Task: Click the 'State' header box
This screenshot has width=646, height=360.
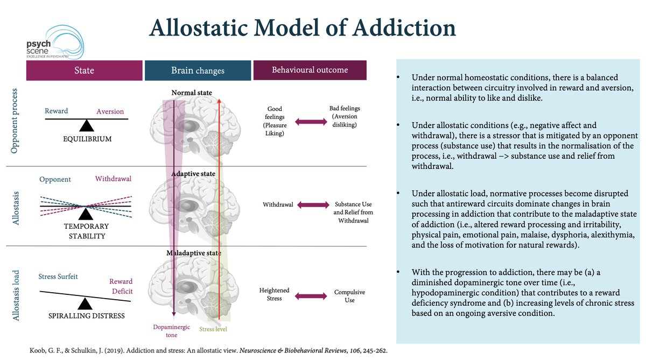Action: pyautogui.click(x=85, y=70)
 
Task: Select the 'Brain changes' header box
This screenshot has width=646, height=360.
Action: pyautogui.click(x=198, y=70)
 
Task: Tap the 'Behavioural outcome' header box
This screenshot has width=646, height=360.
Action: pyautogui.click(x=310, y=70)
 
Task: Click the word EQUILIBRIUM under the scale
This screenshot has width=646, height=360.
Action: pyautogui.click(x=86, y=138)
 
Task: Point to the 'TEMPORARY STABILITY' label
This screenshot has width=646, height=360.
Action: pyautogui.click(x=86, y=231)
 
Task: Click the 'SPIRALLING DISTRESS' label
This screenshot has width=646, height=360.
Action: pyautogui.click(x=86, y=316)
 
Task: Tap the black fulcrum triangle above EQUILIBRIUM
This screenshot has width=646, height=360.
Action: pyautogui.click(x=86, y=125)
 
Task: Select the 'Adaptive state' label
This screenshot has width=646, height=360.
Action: pyautogui.click(x=193, y=174)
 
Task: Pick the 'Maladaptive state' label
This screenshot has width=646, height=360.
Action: pyautogui.click(x=193, y=252)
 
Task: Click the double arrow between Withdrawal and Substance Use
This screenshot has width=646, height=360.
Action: pyautogui.click(x=312, y=204)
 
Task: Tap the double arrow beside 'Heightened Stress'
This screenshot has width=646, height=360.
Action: pyautogui.click(x=311, y=295)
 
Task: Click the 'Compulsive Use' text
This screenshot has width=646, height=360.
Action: pyautogui.click(x=349, y=295)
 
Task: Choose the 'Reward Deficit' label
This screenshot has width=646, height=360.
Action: pyautogui.click(x=121, y=286)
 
